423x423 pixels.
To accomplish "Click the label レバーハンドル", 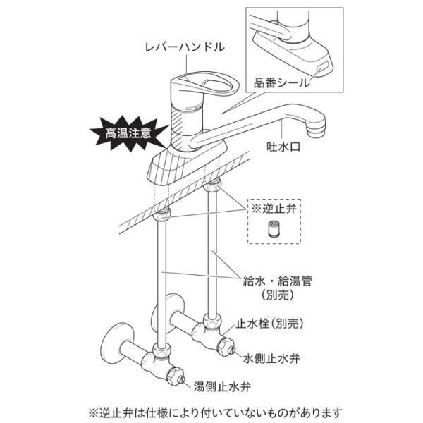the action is (x=184, y=47).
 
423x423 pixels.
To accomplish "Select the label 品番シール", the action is (x=282, y=82).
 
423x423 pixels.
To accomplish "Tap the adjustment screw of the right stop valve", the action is (x=228, y=346).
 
